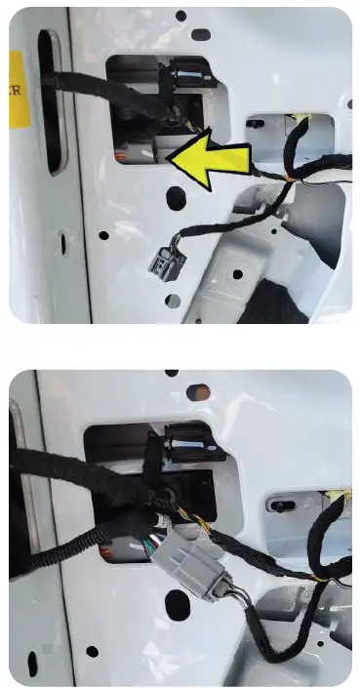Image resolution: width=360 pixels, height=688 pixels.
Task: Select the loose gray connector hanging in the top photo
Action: [x=161, y=261]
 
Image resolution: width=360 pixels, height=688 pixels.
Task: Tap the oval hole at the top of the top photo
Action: [x=200, y=34]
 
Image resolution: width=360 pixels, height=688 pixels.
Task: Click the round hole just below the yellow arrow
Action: [x=176, y=198]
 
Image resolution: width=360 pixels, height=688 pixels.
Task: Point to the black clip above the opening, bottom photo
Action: [x=195, y=440]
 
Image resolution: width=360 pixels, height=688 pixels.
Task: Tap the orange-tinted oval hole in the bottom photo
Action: [x=198, y=392]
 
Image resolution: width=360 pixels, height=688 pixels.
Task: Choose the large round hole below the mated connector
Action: [x=176, y=611]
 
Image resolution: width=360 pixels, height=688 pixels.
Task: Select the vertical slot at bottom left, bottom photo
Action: [x=32, y=664]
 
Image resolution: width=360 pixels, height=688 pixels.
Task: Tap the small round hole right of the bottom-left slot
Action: [x=92, y=651]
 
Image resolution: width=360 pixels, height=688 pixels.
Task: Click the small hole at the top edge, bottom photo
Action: [x=172, y=373]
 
